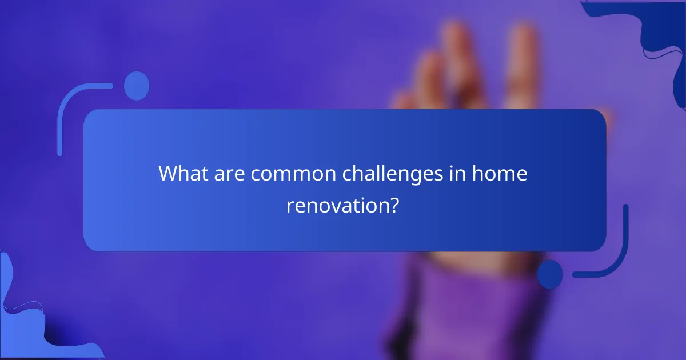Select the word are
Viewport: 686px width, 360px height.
[232, 173]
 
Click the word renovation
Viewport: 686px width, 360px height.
[336, 205]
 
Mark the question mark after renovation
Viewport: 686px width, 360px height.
[393, 205]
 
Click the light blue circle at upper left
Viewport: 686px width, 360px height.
[137, 86]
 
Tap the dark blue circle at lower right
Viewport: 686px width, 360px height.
[549, 274]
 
